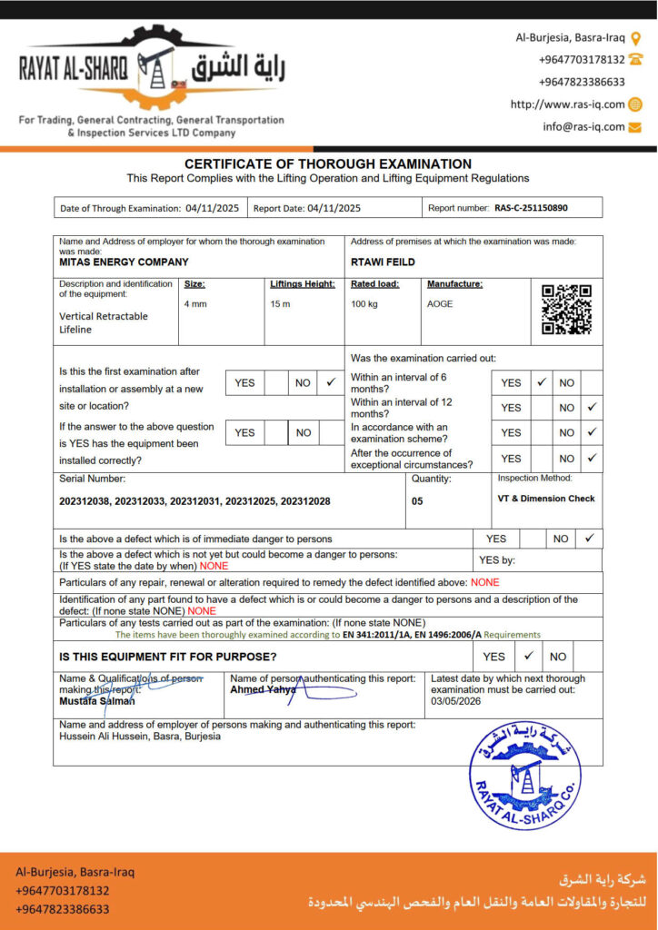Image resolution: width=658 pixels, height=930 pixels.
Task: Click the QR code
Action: click(x=566, y=310)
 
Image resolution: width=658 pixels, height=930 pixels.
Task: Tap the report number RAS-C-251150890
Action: click(x=531, y=208)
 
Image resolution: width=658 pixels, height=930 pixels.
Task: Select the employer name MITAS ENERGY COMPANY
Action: click(x=124, y=262)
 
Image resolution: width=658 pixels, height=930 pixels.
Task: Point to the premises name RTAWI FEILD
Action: click(x=383, y=262)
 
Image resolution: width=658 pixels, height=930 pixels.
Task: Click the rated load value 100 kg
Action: click(x=364, y=303)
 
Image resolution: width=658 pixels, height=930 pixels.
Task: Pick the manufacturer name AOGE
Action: click(x=440, y=303)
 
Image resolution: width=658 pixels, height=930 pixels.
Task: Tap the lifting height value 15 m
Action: click(x=280, y=303)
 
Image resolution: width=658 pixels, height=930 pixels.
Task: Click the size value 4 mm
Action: click(x=195, y=303)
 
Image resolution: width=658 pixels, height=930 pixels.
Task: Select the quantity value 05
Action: click(x=417, y=500)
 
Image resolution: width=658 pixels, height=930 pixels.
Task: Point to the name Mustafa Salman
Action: click(x=97, y=701)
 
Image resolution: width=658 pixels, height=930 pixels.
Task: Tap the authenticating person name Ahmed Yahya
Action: click(x=264, y=690)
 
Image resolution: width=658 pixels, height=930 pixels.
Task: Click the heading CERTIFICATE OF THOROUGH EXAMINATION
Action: click(x=328, y=164)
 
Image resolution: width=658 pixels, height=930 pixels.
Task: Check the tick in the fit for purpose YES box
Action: click(x=528, y=656)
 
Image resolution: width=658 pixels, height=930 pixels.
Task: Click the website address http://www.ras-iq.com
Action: click(x=567, y=104)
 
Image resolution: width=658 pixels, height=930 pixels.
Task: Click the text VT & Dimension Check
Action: click(x=546, y=499)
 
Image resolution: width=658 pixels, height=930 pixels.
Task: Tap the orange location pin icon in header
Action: click(x=636, y=37)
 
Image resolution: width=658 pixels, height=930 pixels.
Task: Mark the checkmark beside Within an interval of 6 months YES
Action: click(x=541, y=382)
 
